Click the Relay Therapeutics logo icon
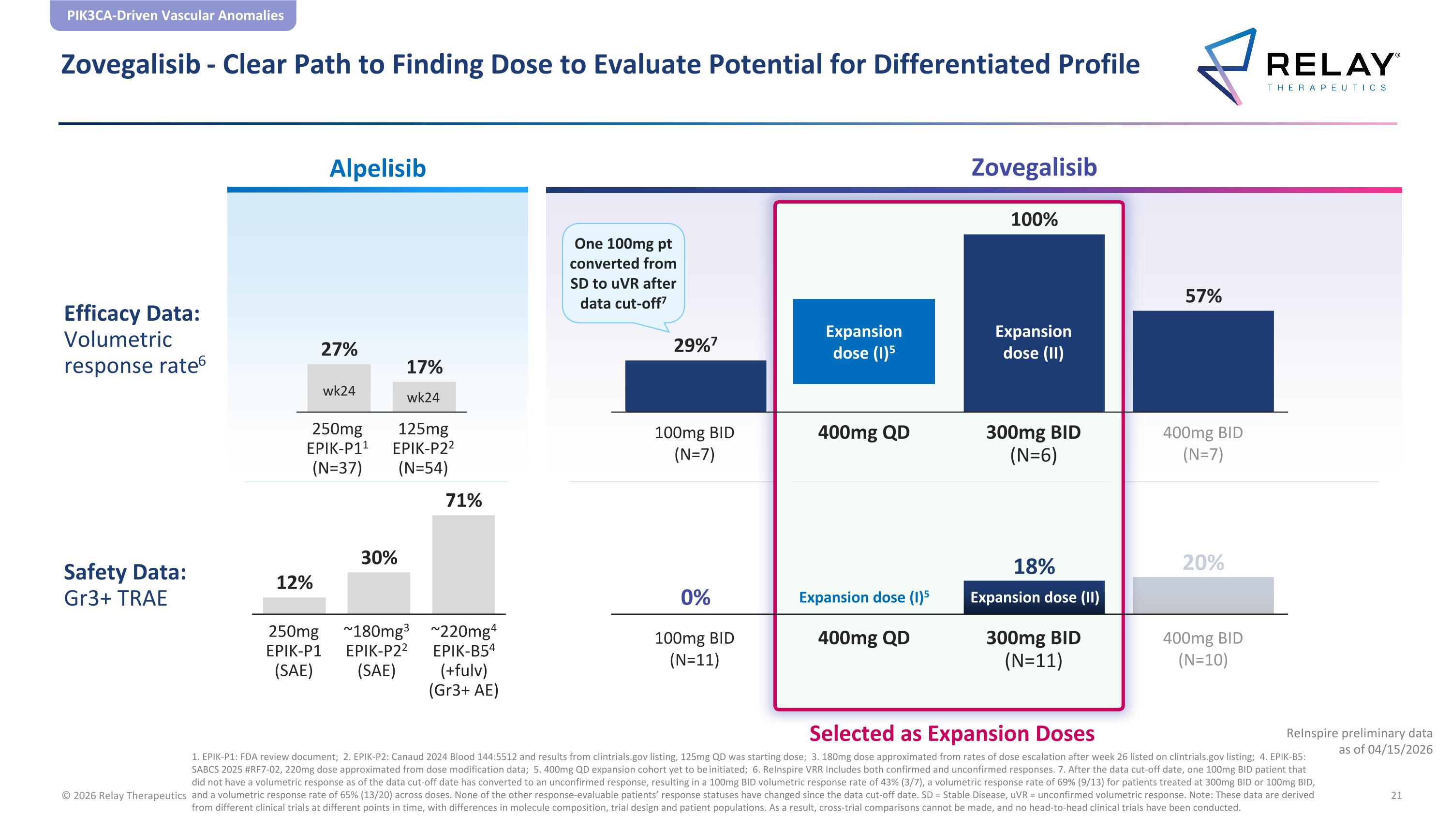click(x=1227, y=66)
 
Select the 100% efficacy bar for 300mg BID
click(x=1034, y=323)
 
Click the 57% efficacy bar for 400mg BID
click(x=1203, y=361)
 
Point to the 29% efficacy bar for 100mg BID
click(x=696, y=386)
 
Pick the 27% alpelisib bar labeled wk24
click(x=339, y=388)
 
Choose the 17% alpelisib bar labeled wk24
click(x=424, y=397)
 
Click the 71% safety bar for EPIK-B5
click(x=463, y=564)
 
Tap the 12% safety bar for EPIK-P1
click(x=294, y=606)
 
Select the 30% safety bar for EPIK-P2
click(x=379, y=593)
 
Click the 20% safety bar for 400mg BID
click(x=1203, y=595)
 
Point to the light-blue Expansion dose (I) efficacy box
click(x=863, y=341)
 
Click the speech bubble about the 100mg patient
click(x=623, y=274)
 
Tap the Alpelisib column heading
click(x=377, y=168)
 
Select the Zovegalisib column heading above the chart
click(x=1034, y=168)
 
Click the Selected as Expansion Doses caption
click(x=952, y=733)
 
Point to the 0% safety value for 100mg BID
click(x=696, y=597)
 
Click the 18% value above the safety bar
click(x=1034, y=566)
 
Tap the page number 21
click(x=1396, y=795)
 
